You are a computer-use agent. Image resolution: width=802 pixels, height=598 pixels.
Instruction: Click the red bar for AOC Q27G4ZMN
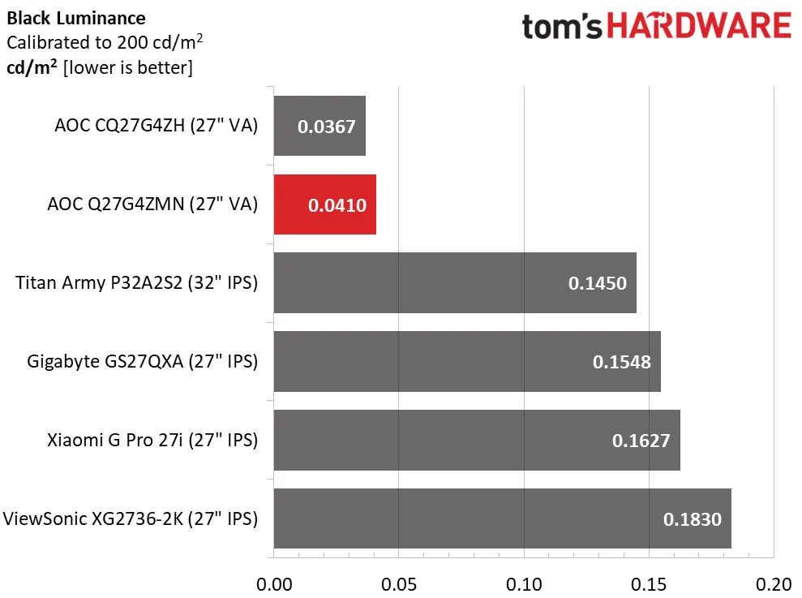[x=324, y=204]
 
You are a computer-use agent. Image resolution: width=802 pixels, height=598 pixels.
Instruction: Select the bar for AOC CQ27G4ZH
[x=320, y=126]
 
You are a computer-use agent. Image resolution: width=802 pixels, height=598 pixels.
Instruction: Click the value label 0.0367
[x=327, y=127]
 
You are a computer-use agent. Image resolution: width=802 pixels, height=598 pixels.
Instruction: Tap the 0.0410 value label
[x=337, y=205]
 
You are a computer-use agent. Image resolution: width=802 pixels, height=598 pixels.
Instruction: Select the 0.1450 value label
[x=598, y=283]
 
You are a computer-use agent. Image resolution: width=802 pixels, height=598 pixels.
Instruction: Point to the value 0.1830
[x=693, y=519]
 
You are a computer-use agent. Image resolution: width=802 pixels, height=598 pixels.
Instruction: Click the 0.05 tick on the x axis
[x=399, y=584]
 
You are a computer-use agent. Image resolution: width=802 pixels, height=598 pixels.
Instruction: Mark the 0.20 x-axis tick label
[x=774, y=584]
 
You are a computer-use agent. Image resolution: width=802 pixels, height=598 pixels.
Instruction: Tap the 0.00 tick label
[x=274, y=584]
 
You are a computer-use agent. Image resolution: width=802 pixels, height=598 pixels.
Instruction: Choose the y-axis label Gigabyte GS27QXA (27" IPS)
[x=142, y=361]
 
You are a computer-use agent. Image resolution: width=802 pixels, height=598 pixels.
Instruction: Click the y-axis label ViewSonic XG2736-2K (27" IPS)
[x=131, y=518]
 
